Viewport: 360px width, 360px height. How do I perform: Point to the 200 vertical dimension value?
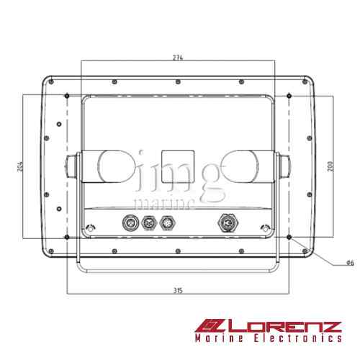(x=329, y=166)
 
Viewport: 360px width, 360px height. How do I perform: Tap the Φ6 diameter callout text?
(x=350, y=263)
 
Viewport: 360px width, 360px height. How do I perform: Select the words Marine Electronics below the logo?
(x=268, y=338)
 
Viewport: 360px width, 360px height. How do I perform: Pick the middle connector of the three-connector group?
(x=150, y=223)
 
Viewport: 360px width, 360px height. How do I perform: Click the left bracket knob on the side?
(x=71, y=167)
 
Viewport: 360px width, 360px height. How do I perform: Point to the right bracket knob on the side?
(x=284, y=167)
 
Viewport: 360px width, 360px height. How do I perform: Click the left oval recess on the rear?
(x=114, y=167)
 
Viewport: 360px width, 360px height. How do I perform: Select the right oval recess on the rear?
(x=240, y=167)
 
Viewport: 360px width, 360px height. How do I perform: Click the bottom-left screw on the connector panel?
(x=90, y=230)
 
